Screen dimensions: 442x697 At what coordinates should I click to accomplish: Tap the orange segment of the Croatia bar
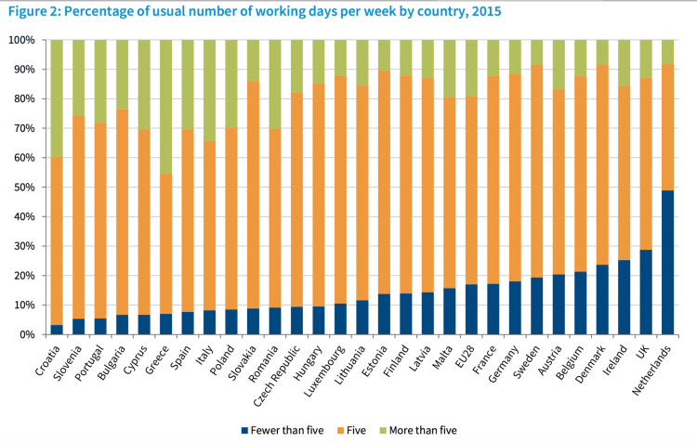(x=57, y=241)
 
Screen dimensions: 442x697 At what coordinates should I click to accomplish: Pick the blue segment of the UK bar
(x=646, y=292)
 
